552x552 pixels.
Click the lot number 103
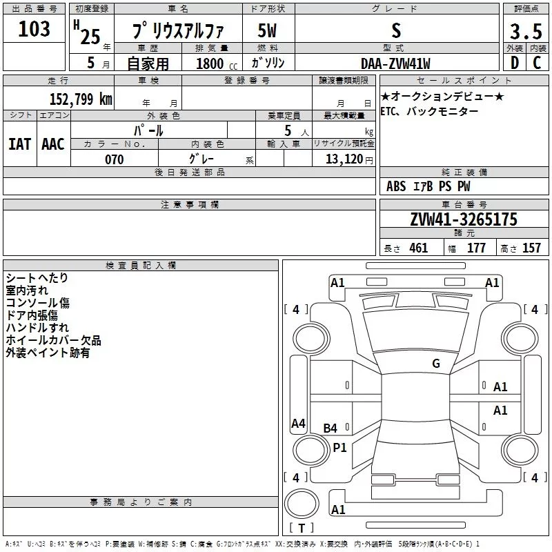tap(34, 28)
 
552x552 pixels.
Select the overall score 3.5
tap(526, 31)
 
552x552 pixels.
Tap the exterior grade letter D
tap(515, 63)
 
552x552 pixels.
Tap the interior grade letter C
tap(537, 63)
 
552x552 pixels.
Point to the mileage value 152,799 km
tap(81, 99)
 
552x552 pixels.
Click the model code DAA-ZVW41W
tap(395, 63)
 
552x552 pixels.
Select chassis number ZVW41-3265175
tap(464, 219)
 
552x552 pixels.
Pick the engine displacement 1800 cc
tap(217, 63)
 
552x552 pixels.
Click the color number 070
tap(115, 159)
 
